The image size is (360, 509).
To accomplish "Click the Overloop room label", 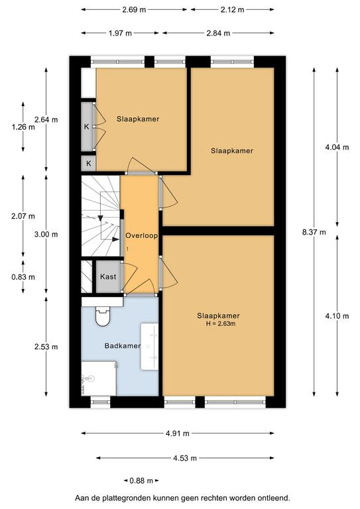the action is coord(141,236).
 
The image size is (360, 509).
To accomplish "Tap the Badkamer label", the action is coord(123,346).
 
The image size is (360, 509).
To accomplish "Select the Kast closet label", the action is coord(108,276).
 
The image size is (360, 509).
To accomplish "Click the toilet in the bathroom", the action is coord(103,316).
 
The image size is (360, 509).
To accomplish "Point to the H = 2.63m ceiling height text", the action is coord(221,323).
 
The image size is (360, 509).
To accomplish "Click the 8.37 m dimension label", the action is coord(314,232).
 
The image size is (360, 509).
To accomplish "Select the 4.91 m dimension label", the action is coord(177,433).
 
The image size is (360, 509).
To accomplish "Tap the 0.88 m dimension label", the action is coord(141,481).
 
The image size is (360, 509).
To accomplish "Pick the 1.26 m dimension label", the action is coord(23,127).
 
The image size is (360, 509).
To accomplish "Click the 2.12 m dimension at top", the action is coord(233,10).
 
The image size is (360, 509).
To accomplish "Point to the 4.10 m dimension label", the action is coord(337,316).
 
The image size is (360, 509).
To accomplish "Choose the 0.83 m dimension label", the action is coord(23,277).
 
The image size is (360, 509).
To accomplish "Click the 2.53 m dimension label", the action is coord(46,347).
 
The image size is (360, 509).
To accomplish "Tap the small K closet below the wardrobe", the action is coord(88,164).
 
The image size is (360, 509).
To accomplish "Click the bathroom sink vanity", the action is coord(149,347).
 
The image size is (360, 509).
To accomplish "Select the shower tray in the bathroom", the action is coord(99,378).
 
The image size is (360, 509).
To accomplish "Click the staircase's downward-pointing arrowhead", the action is coord(101,218).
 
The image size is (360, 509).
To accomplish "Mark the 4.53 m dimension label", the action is coord(185,458).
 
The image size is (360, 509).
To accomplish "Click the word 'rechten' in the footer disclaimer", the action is coord(215,498).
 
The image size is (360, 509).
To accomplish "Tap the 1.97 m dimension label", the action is coord(120,32).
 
